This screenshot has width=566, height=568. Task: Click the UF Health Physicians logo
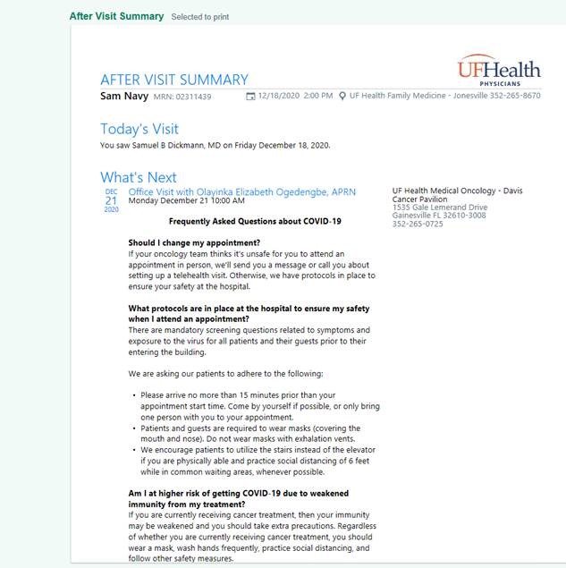pos(499,70)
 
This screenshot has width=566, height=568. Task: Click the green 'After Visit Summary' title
pos(117,16)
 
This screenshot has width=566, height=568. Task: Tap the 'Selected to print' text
pos(199,17)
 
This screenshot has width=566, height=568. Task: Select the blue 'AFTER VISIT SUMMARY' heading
pos(174,80)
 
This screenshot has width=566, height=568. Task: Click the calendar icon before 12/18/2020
pos(251,96)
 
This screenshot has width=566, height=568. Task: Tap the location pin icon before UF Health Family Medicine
pos(342,96)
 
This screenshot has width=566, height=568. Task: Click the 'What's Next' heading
pos(139,177)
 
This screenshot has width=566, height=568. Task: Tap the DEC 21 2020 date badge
pos(111,200)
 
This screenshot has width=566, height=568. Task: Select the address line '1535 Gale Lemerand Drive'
pos(440,208)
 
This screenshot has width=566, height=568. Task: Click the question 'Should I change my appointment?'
pos(194,243)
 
